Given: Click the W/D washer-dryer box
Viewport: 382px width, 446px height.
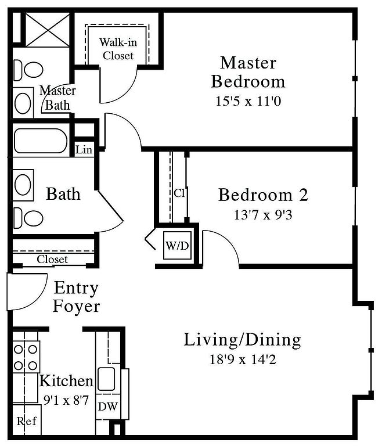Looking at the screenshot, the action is (177, 245).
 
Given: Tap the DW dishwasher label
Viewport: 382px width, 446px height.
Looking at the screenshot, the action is (108, 407).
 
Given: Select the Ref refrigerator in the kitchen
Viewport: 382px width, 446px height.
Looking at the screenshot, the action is (27, 420).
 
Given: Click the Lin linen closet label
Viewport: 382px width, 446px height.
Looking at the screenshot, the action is (84, 150).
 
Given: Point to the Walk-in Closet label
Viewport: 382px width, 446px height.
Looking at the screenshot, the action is (118, 49).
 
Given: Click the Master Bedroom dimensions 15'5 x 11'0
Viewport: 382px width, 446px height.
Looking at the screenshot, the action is (248, 101).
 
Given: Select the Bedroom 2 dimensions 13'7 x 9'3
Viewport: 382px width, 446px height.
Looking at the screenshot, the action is (263, 215).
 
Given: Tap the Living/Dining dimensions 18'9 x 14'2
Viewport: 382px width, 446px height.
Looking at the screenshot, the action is (243, 359).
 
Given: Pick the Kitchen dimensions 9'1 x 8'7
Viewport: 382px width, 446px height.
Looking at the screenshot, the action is (66, 401).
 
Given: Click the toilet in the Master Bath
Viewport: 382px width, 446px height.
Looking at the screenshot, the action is (28, 70).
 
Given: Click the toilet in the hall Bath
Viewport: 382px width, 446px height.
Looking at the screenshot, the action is (28, 218).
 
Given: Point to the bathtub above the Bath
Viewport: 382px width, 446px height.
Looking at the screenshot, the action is (41, 141).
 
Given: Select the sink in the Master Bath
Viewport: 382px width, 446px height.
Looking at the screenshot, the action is (23, 103).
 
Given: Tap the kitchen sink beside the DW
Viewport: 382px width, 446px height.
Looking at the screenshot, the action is (106, 379).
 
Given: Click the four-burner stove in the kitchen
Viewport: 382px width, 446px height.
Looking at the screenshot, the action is (26, 357).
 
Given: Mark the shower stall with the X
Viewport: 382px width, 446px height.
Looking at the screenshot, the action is (48, 30).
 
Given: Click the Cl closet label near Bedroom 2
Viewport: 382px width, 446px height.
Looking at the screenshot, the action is (179, 193).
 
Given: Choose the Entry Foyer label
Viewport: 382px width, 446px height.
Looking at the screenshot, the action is (76, 297).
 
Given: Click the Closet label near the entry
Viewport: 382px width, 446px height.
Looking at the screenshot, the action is (52, 259).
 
